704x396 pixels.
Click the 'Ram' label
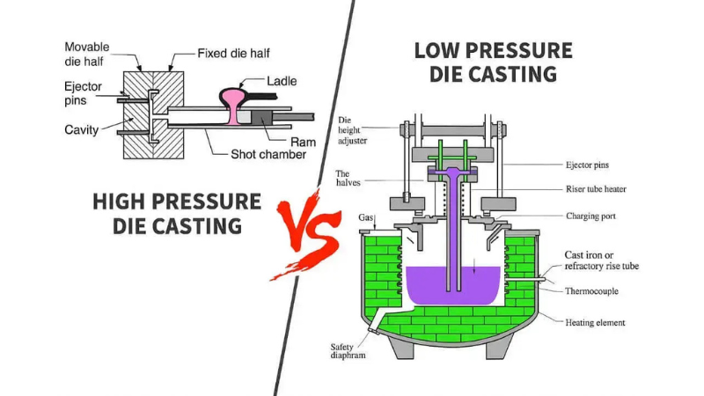click(303, 141)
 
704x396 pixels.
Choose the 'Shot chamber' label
click(268, 155)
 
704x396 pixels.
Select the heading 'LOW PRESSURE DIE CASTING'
click(493, 62)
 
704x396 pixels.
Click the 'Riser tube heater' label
click(602, 189)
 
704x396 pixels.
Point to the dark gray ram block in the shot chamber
click(263, 116)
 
